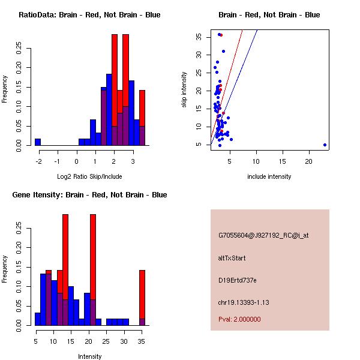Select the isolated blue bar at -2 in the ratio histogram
[38, 142]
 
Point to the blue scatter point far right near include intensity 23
[325, 145]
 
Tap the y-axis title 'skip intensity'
[184, 90]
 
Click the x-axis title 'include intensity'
[269, 176]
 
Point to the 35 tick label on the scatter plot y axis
[198, 37]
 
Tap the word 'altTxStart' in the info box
[232, 258]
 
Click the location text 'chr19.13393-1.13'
[244, 302]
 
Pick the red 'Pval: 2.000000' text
[239, 319]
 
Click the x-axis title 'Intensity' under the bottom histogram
[89, 356]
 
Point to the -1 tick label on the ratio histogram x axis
[57, 161]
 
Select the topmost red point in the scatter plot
[221, 35]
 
